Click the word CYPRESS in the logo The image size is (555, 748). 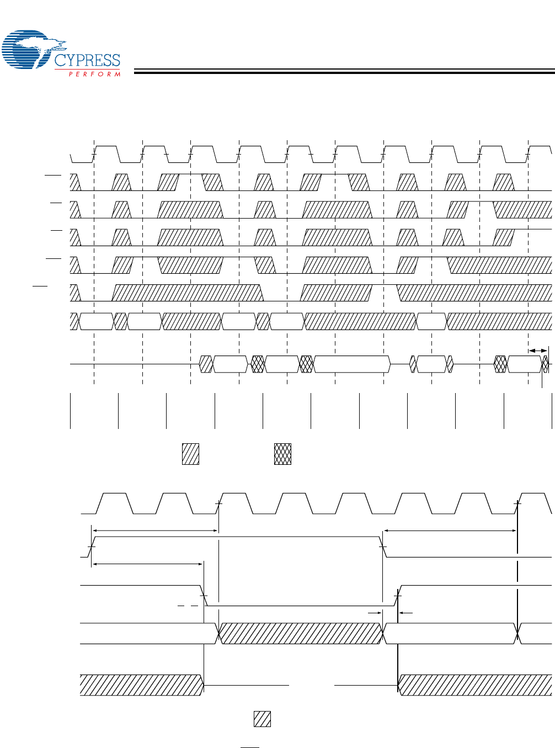tap(87, 60)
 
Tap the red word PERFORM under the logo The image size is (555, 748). tap(94, 74)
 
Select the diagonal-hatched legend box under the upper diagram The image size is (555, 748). tap(190, 454)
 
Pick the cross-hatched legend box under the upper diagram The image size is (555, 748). tap(282, 454)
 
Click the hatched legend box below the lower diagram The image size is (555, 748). tap(262, 719)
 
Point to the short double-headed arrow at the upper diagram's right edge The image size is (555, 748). tap(538, 351)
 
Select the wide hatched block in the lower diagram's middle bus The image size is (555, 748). tap(301, 633)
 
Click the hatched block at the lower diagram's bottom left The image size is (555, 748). tap(141, 685)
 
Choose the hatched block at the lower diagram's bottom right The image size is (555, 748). tap(475, 685)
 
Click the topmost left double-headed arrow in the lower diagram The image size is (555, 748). tap(155, 531)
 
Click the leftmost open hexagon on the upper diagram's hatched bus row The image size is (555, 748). tap(97, 321)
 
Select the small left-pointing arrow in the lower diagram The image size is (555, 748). tap(405, 613)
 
